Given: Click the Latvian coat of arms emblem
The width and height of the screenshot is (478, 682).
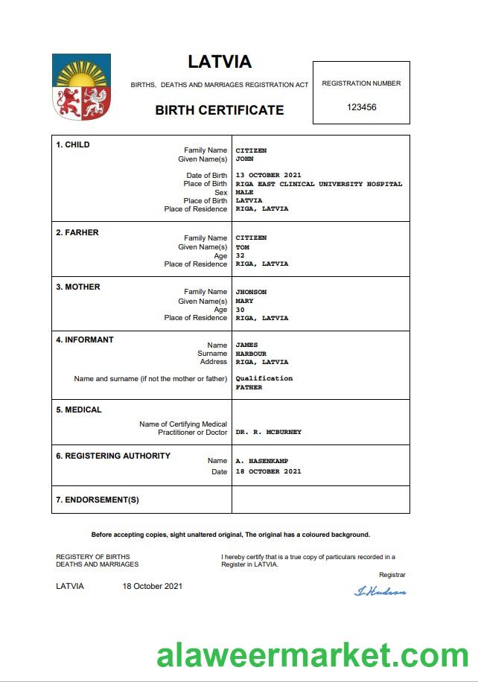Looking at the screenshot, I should (81, 87).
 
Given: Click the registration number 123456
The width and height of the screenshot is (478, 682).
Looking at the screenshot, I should (362, 107).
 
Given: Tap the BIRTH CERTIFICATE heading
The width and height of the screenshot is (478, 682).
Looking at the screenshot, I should (219, 110).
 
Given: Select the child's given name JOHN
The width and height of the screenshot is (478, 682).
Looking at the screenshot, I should (244, 159).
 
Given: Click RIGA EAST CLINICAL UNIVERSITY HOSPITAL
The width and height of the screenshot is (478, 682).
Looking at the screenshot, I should (318, 184).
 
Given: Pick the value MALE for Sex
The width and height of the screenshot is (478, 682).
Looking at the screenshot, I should (244, 192).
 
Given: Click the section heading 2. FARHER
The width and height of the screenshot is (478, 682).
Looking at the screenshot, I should (77, 232).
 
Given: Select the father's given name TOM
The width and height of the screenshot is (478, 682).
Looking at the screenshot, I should (242, 247).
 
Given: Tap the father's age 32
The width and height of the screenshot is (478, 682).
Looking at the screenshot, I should (240, 255).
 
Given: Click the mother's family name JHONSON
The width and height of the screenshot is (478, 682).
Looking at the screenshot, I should (251, 292).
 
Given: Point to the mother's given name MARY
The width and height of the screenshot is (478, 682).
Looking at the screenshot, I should (244, 302).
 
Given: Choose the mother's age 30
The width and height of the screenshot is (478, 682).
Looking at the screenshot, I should (240, 310).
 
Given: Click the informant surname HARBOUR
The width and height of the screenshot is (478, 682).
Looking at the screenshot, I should (251, 354).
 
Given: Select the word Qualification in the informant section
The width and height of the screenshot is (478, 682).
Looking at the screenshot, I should (264, 378).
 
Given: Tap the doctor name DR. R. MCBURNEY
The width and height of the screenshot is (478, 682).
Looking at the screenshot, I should (268, 432).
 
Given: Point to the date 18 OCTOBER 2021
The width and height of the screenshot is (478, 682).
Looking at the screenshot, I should (268, 471).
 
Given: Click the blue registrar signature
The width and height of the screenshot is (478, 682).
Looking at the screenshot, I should (380, 592).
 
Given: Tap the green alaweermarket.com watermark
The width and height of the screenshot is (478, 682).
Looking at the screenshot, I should (312, 656).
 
